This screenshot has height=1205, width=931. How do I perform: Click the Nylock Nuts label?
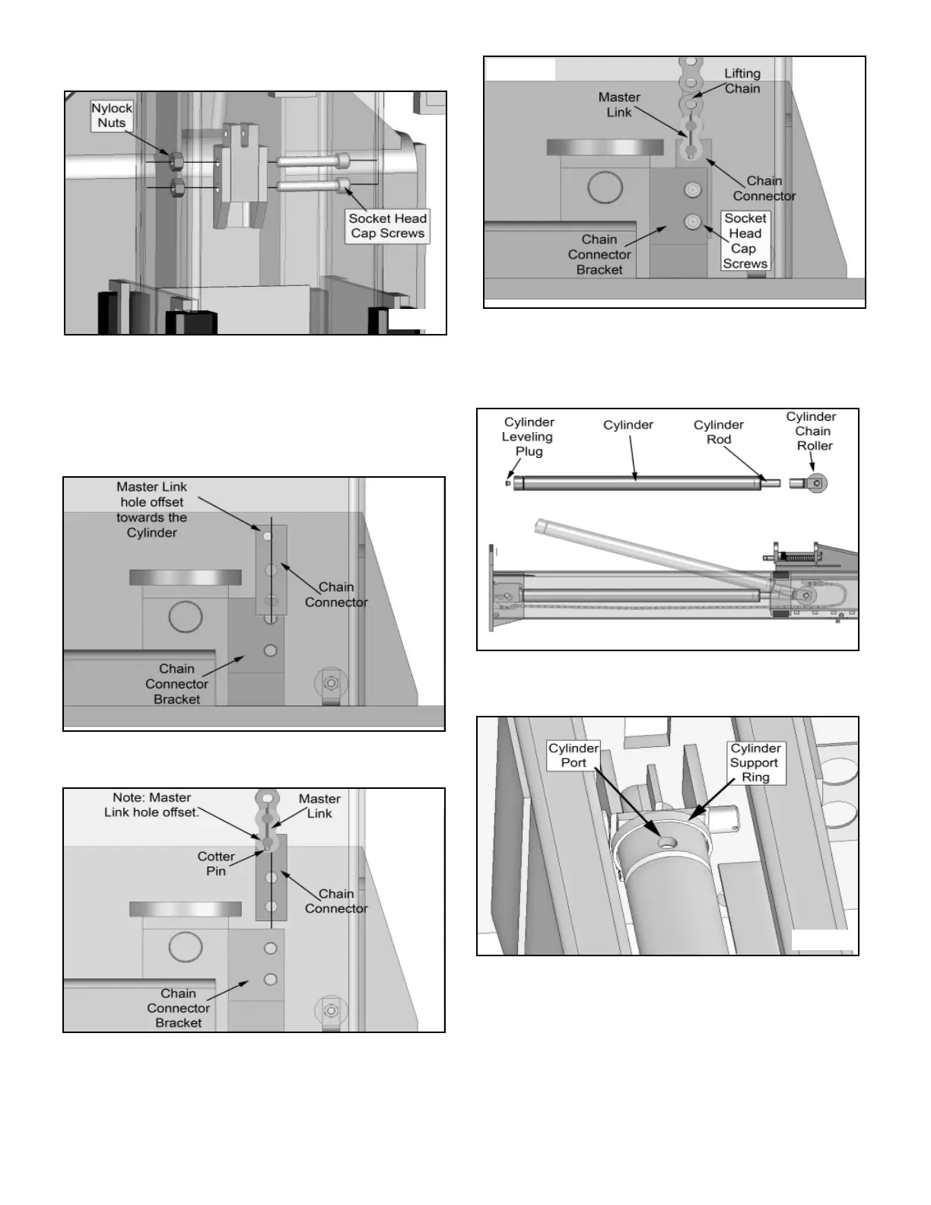pos(112,116)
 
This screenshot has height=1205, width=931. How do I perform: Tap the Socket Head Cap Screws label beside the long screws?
pos(388,226)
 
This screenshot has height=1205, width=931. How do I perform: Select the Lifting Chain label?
pos(742,81)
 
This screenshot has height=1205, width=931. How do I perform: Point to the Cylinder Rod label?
pos(718,432)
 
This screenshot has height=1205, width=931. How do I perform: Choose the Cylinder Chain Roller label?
pos(812,431)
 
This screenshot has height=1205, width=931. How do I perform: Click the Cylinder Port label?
pos(574,755)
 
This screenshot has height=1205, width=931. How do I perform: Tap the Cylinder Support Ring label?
pos(755,762)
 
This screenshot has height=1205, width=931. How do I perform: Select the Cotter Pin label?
pos(216,863)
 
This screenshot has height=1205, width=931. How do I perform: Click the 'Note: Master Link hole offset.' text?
pos(151,805)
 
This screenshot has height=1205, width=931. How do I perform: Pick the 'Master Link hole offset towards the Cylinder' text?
pos(151,510)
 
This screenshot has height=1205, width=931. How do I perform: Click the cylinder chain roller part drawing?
pos(809,482)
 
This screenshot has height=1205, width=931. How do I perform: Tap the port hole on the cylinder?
pos(666,843)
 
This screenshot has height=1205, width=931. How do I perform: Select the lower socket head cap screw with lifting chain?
pos(692,221)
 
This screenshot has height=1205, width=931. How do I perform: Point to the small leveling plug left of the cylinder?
pos(508,482)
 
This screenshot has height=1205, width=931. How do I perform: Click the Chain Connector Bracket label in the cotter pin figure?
pos(179,1008)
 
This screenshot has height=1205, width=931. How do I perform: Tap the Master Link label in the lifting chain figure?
pos(619,104)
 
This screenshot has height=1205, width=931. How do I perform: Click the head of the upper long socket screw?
pos(345,160)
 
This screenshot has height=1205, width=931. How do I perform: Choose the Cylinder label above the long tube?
pos(628,424)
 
